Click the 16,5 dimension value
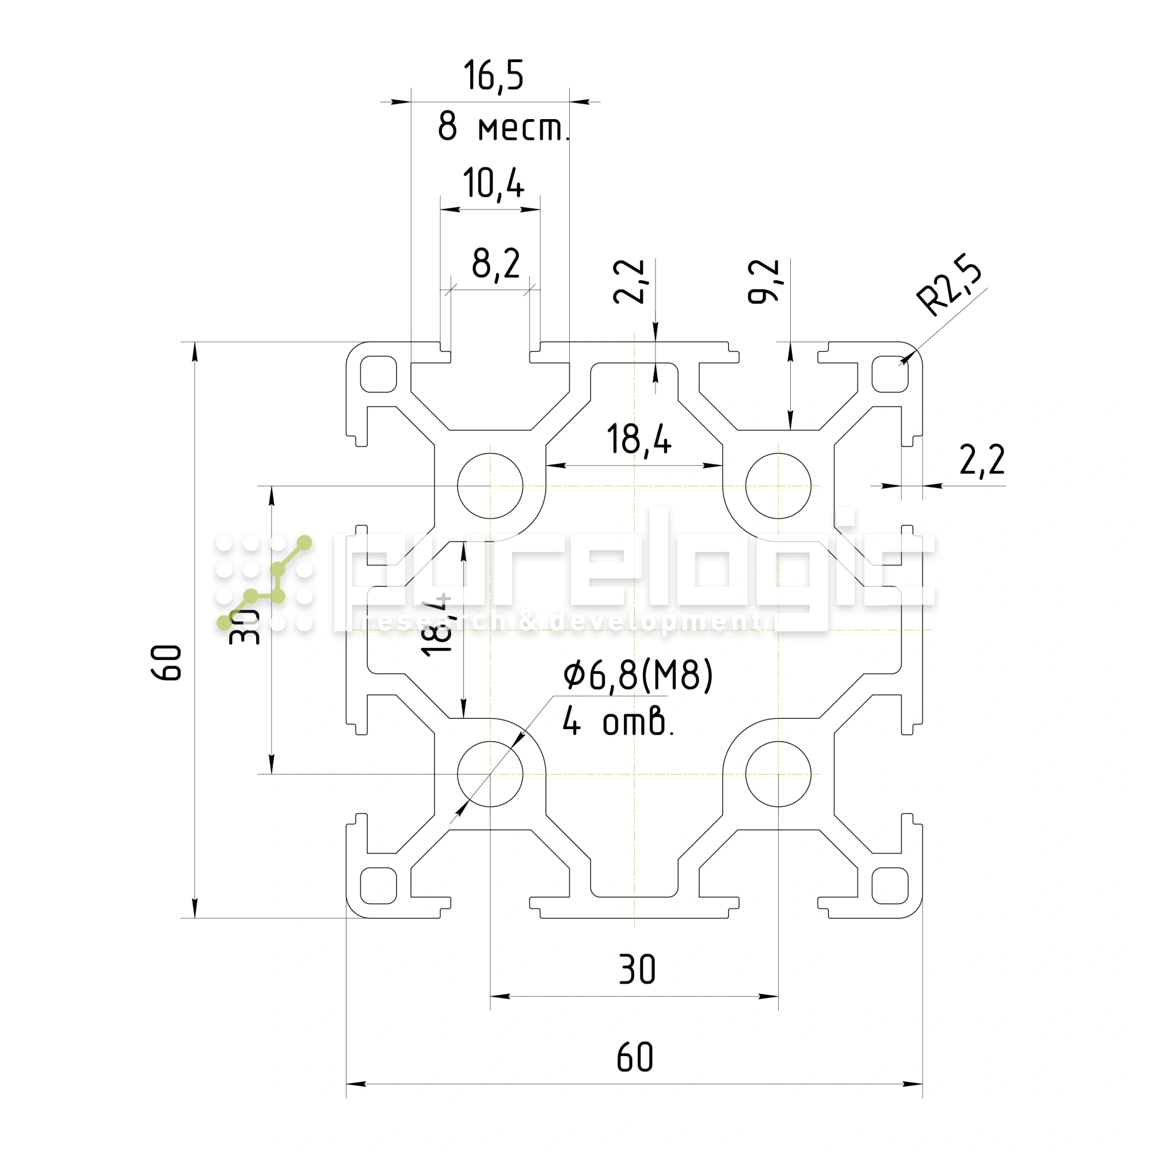493,75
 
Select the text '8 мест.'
504,127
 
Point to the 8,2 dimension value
496,264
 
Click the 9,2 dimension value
764,282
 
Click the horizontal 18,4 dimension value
639,440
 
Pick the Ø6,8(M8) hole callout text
638,676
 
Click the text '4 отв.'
618,722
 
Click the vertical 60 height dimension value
166,662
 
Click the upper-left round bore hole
490,486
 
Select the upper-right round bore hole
778,486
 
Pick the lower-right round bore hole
778,774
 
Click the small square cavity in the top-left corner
378,374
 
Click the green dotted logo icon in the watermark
264,582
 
